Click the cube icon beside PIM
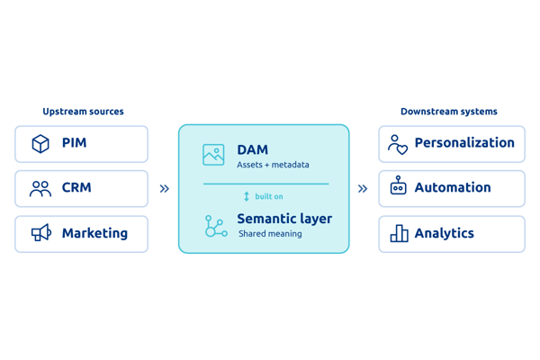(x=40, y=144)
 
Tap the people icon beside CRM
(x=40, y=189)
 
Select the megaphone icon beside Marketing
(x=41, y=232)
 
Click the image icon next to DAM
(x=213, y=155)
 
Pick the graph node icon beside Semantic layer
(x=216, y=226)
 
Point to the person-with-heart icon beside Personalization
(x=398, y=145)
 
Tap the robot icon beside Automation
(x=398, y=185)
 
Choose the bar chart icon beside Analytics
(x=399, y=233)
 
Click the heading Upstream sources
(x=83, y=112)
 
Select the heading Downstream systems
(x=449, y=112)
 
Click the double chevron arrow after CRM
(x=165, y=189)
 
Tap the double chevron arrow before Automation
(x=363, y=189)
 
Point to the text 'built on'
(x=269, y=196)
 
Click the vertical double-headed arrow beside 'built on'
(x=247, y=196)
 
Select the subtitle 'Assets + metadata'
(x=273, y=165)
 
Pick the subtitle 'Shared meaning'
(x=270, y=234)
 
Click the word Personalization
(x=464, y=142)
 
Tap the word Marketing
(x=94, y=233)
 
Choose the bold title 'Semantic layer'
(x=284, y=219)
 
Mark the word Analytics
(x=445, y=233)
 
